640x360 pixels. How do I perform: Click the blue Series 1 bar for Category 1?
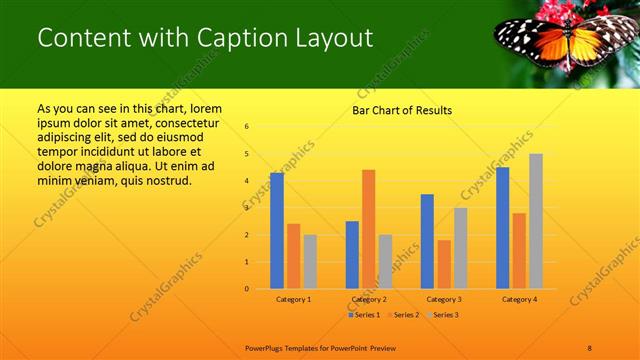(x=277, y=231)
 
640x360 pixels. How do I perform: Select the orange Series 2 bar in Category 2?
(x=368, y=229)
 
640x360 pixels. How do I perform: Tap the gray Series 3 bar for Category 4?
(x=536, y=221)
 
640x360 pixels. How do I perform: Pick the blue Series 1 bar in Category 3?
(x=427, y=241)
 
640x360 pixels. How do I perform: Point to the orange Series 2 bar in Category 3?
(x=444, y=264)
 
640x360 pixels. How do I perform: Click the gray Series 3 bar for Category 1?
(x=310, y=262)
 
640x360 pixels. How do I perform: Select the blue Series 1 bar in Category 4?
(x=503, y=228)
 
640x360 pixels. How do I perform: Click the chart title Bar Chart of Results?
(x=402, y=110)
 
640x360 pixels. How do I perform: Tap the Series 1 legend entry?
(x=363, y=315)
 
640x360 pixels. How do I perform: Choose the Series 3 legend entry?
(x=443, y=315)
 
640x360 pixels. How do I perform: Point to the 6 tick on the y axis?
(x=247, y=127)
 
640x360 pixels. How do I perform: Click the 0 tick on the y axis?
(x=247, y=289)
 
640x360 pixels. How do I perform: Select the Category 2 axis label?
(x=368, y=299)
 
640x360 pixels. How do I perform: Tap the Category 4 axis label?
(x=519, y=299)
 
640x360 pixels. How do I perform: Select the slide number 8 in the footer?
(x=590, y=347)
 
